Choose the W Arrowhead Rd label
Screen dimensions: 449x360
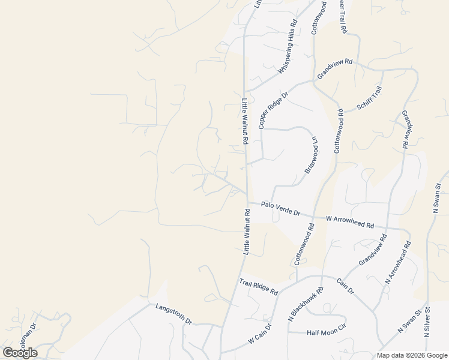[x=350, y=222]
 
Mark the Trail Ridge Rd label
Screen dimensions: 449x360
[x=259, y=287]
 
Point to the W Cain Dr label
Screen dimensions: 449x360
[x=260, y=334]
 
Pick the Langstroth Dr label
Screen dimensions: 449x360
[x=173, y=313]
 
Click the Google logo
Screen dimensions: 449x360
[x=20, y=352]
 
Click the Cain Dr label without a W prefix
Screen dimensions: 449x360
[x=345, y=286]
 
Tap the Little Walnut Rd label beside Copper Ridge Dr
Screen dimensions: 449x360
[x=245, y=121]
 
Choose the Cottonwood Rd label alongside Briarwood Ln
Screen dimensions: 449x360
[x=339, y=130]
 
